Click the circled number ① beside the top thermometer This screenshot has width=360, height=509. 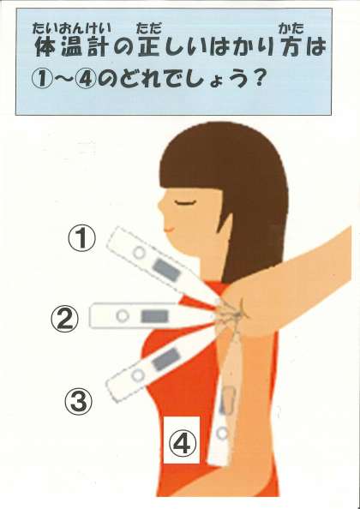coord(81,238)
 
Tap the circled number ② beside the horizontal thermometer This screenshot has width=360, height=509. coord(64,319)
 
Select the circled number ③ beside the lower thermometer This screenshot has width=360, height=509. coord(78,402)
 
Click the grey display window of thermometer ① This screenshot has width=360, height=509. coord(166,271)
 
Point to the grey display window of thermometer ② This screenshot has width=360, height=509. coord(154,316)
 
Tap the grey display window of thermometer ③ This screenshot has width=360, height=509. coord(166,359)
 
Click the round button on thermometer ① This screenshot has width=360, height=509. coord(139,253)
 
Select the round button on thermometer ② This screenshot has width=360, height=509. coord(123,316)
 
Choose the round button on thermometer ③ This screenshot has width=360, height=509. coord(138,375)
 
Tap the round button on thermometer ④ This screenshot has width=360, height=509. coord(223,433)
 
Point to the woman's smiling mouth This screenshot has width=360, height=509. coord(170,229)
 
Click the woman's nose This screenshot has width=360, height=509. coord(160,205)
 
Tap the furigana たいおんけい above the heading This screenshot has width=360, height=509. coord(72,29)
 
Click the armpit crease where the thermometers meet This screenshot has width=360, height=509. coord(237,312)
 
